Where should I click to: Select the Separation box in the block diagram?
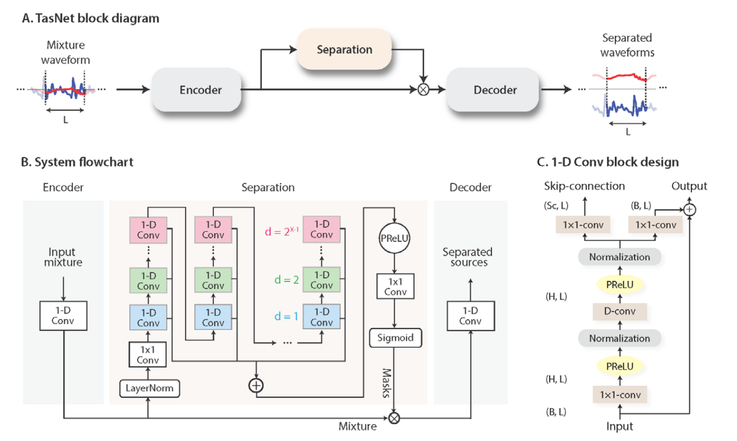pos(344,49)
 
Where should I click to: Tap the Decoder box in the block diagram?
pos(495,90)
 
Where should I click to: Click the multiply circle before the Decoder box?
pos(425,90)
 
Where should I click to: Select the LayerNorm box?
pos(148,388)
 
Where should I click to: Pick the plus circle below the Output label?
pos(689,209)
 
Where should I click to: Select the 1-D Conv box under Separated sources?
pos(470,315)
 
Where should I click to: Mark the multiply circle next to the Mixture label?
pos(394,417)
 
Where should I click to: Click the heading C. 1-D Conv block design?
pos(607,162)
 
